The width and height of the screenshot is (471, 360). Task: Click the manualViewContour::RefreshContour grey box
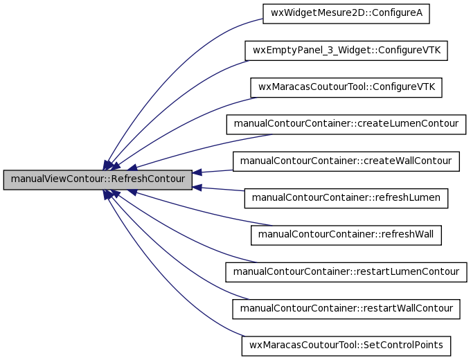point(98,180)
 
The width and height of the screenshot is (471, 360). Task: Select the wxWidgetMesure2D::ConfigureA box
point(346,14)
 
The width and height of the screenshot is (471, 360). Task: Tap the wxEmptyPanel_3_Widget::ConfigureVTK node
point(346,51)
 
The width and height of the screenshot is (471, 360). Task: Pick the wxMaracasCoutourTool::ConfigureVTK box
point(346,87)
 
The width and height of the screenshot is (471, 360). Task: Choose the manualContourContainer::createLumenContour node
point(346,125)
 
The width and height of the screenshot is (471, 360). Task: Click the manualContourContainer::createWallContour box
point(346,161)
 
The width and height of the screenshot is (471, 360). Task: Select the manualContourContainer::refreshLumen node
point(346,198)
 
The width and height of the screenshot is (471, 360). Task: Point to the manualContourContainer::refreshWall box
point(346,235)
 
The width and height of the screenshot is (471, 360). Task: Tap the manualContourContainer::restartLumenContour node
point(346,272)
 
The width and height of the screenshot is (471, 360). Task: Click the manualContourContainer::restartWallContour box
point(346,309)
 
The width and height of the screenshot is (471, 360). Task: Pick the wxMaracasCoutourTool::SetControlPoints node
point(346,346)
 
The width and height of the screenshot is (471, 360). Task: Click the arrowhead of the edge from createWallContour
point(197,172)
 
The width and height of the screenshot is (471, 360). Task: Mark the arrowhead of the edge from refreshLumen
point(197,188)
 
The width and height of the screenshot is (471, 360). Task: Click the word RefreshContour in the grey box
point(148,179)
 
